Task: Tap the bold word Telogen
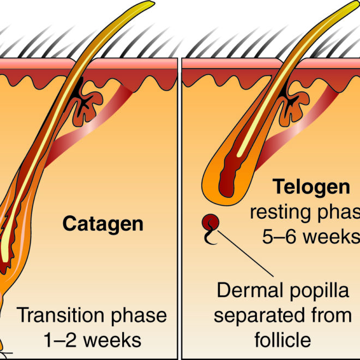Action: point(311,188)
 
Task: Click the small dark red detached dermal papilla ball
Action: point(211,223)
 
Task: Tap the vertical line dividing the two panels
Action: point(179,207)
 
